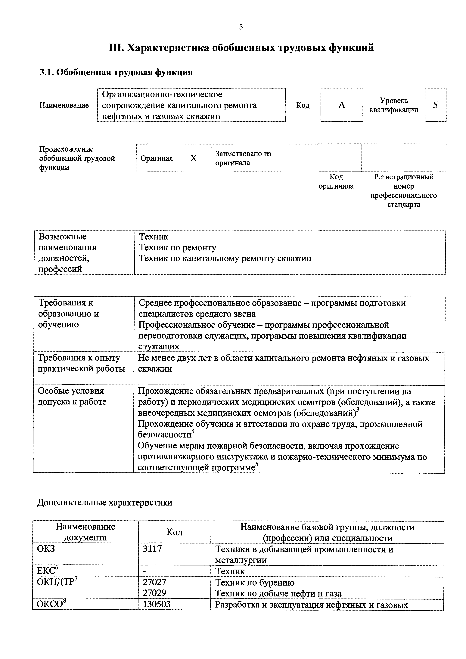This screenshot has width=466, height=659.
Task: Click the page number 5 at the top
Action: tap(241, 27)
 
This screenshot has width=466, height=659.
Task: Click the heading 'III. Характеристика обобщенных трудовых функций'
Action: tap(241, 47)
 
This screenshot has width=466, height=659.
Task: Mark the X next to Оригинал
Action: tap(194, 158)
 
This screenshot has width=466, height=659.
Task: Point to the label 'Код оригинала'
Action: tap(336, 182)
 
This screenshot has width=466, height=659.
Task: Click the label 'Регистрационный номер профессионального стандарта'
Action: tap(403, 191)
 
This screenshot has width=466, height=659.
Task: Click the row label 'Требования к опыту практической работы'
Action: tap(82, 363)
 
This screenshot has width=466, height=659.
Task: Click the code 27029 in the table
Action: tap(154, 593)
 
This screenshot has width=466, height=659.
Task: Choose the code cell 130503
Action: tap(157, 604)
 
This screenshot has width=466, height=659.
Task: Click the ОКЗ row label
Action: tap(46, 549)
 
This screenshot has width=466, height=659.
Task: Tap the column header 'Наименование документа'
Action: tap(85, 532)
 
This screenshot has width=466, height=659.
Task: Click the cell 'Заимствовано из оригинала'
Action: tap(243, 158)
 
